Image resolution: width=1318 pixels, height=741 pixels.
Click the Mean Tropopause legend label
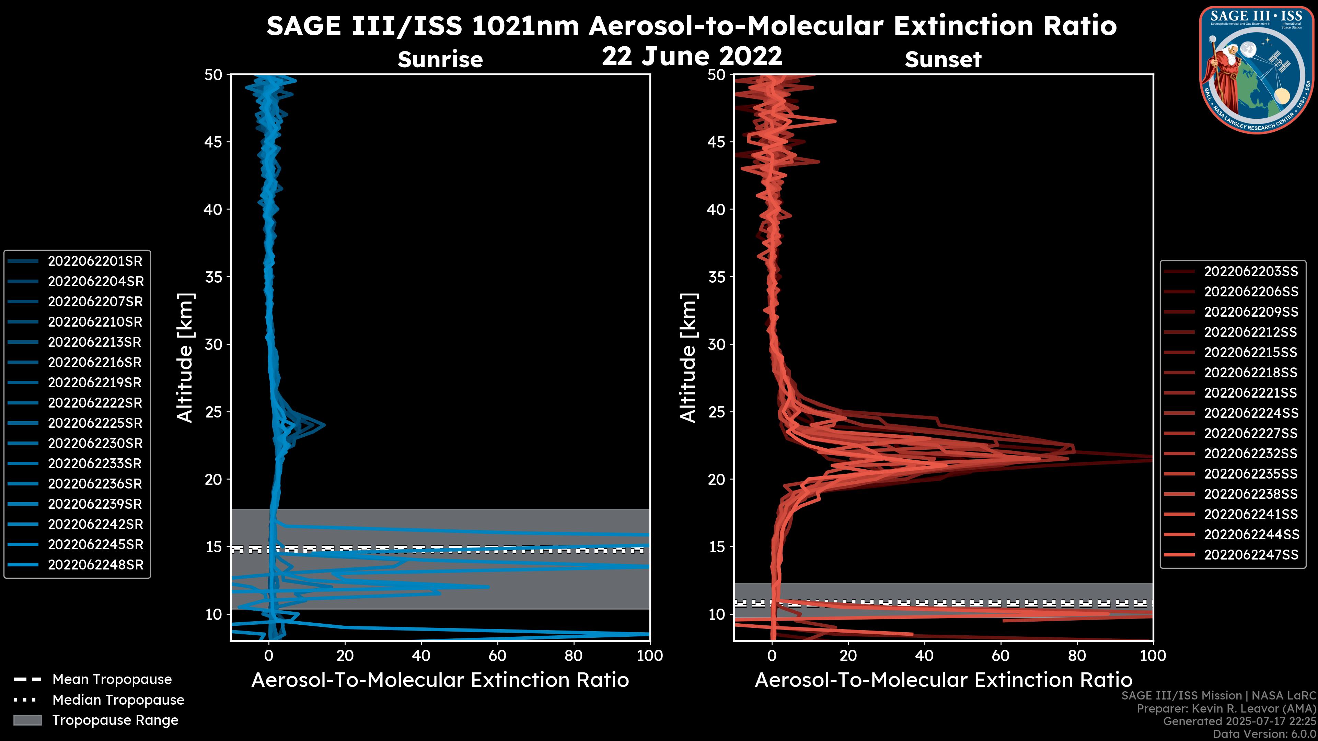112,680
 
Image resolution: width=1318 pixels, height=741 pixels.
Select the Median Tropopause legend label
118,700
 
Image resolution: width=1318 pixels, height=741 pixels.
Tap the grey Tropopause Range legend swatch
27,720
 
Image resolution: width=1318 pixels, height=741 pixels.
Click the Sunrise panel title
440,60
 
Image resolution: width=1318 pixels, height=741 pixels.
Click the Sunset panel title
943,60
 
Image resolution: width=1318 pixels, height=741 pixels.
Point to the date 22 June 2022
692,56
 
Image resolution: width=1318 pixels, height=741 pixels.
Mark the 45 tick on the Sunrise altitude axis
214,142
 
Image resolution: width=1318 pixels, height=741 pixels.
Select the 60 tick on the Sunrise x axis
497,656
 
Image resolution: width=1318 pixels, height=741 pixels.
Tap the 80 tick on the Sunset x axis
1077,656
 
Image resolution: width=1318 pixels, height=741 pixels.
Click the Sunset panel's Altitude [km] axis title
688,358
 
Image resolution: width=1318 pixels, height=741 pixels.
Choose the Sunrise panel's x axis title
440,680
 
